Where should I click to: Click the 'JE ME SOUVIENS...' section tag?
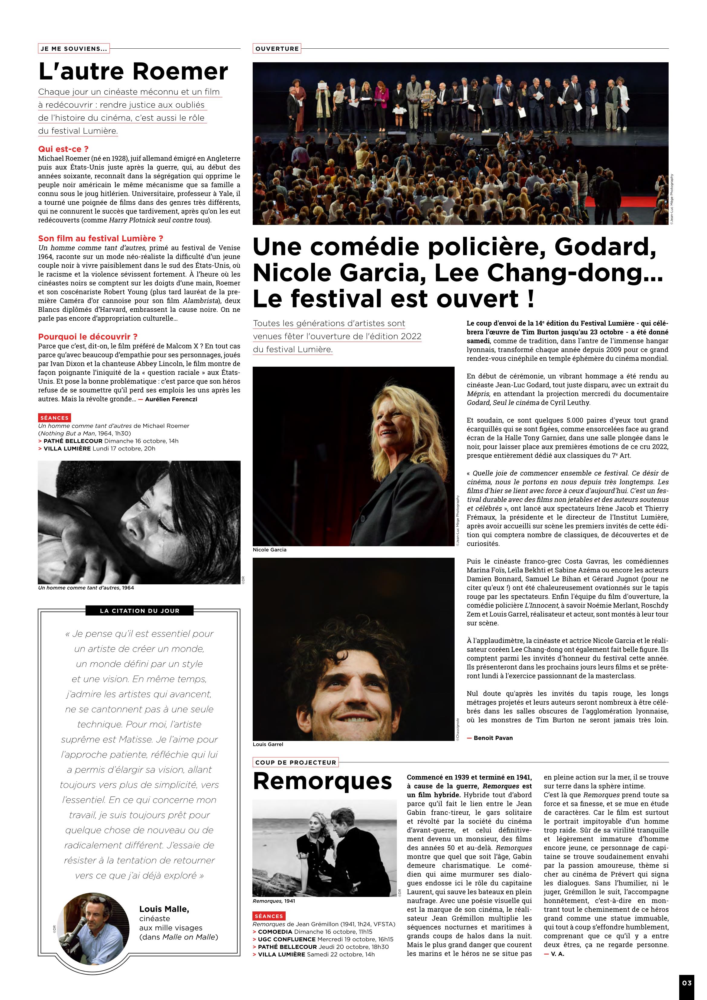tap(74, 49)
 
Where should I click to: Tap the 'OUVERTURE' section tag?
tap(277, 49)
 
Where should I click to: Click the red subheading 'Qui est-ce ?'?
tap(63, 149)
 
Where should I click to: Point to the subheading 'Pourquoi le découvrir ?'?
tap(88, 337)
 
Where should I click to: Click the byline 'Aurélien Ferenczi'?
tap(171, 399)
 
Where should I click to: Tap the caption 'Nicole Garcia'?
tap(270, 550)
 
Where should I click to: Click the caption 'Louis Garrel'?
tap(268, 744)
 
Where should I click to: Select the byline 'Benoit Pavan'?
tap(493, 738)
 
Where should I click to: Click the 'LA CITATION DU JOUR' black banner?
tap(139, 611)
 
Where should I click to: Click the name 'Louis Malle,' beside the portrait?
tap(164, 909)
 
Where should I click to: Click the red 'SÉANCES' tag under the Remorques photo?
tap(269, 916)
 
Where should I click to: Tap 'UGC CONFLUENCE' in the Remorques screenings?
tap(287, 940)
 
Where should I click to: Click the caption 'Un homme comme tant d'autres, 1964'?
tap(86, 588)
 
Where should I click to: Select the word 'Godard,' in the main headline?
tap(605, 247)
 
